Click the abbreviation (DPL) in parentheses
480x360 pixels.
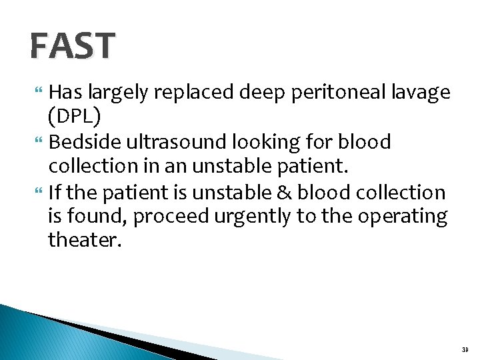(x=75, y=117)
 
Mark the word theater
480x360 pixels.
(x=85, y=240)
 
